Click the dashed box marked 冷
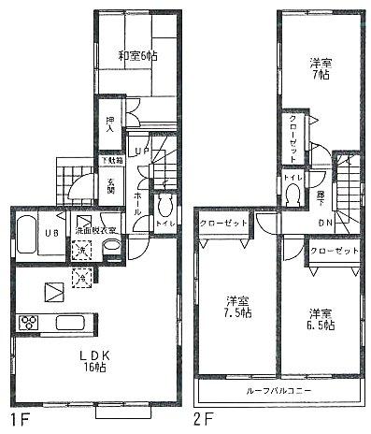coord(82,276)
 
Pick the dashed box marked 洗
coord(82,251)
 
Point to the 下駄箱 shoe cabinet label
coord(110,160)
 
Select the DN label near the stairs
coord(325,223)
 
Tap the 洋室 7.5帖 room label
coord(237,308)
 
